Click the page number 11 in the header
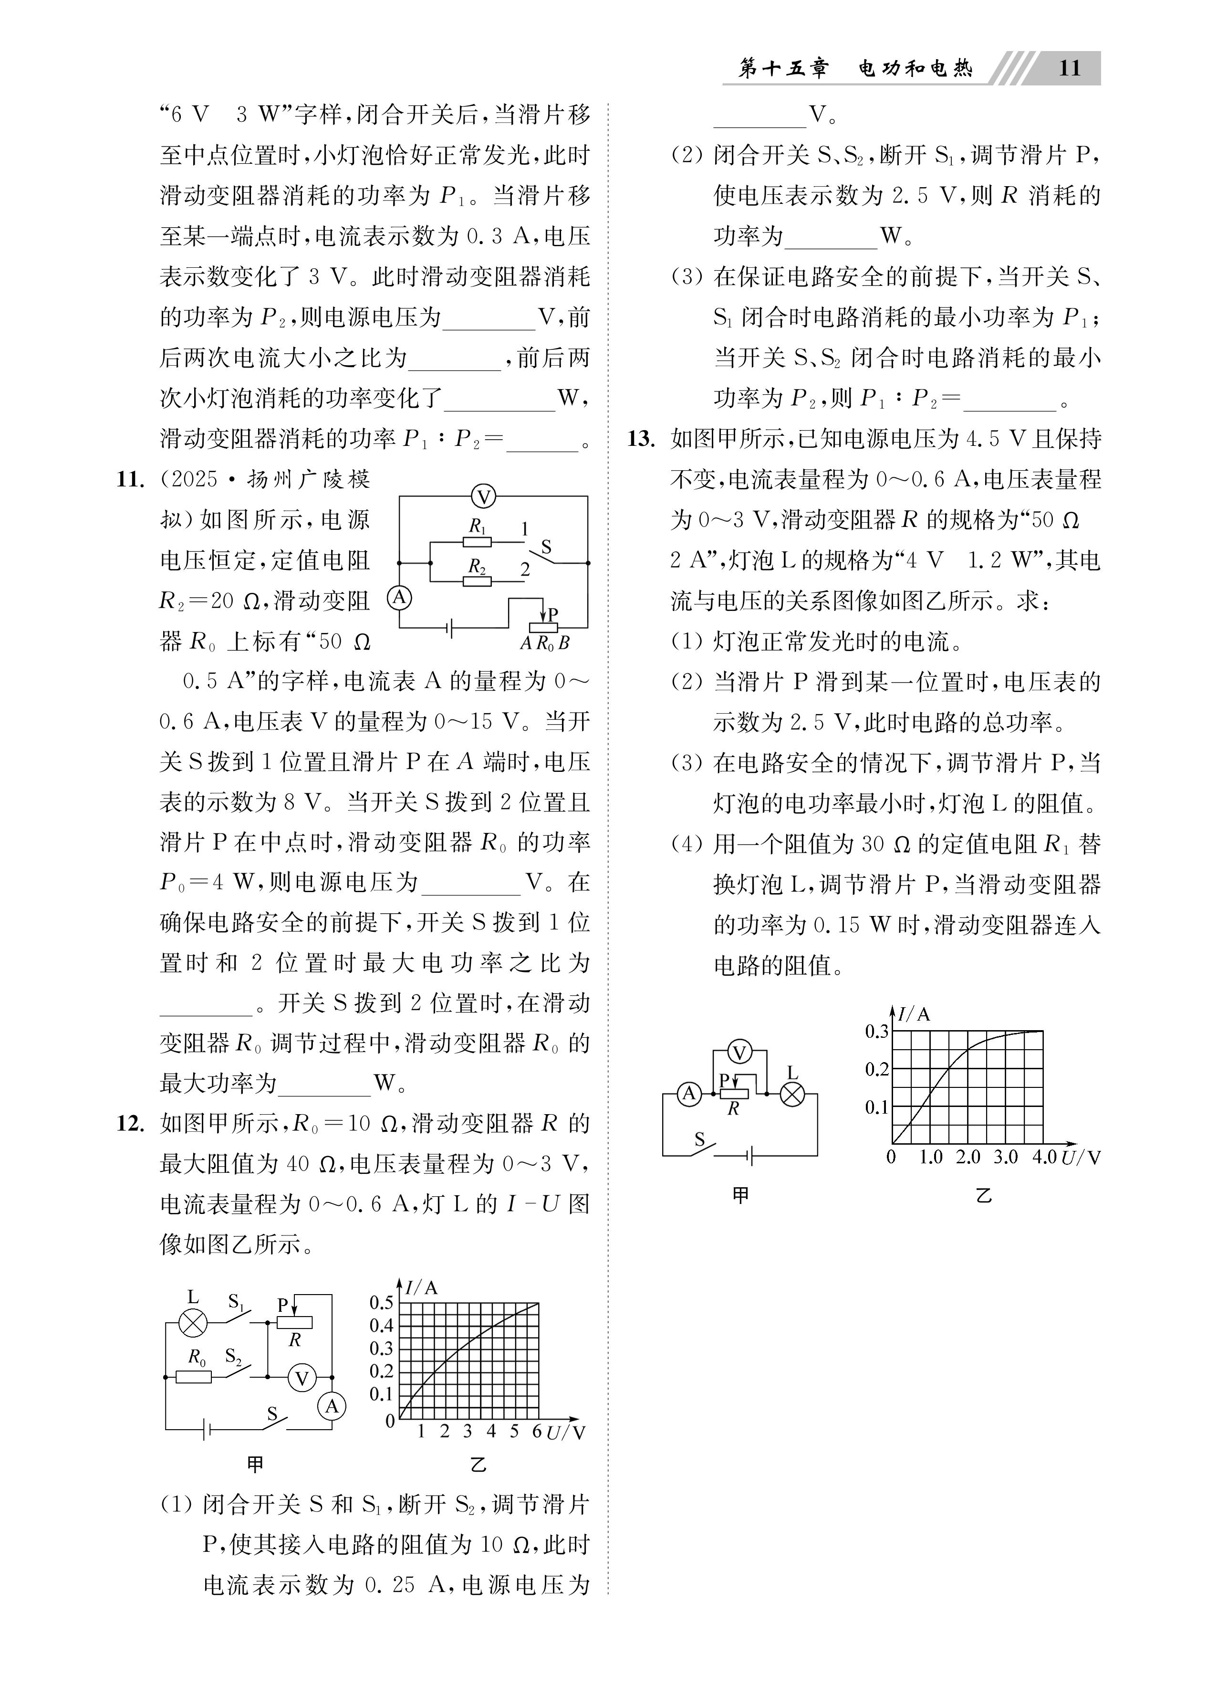pyautogui.click(x=1070, y=68)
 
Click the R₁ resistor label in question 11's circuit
pyautogui.click(x=477, y=526)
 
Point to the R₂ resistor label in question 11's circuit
pyautogui.click(x=477, y=567)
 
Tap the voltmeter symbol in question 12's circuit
pyautogui.click(x=302, y=1378)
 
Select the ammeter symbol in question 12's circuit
pyautogui.click(x=332, y=1407)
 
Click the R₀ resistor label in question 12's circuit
pyautogui.click(x=197, y=1357)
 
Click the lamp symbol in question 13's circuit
pyautogui.click(x=792, y=1095)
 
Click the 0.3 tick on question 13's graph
pyautogui.click(x=877, y=1031)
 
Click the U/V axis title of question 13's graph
pyautogui.click(x=1081, y=1158)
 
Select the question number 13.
pyautogui.click(x=641, y=439)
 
